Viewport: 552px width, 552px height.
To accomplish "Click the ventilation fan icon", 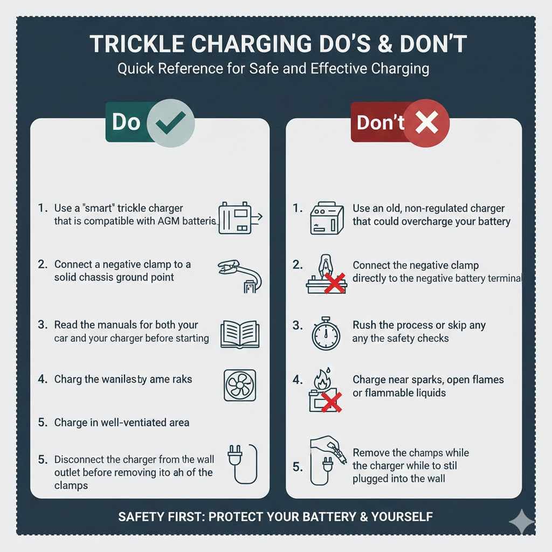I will click(239, 386).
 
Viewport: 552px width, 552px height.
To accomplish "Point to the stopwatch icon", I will click(326, 333).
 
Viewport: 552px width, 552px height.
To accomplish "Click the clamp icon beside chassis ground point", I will click(240, 274).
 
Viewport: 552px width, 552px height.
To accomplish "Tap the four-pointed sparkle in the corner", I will click(522, 522).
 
